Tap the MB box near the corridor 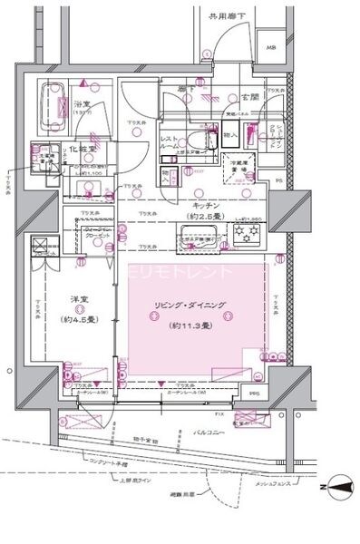pyautogui.click(x=269, y=47)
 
